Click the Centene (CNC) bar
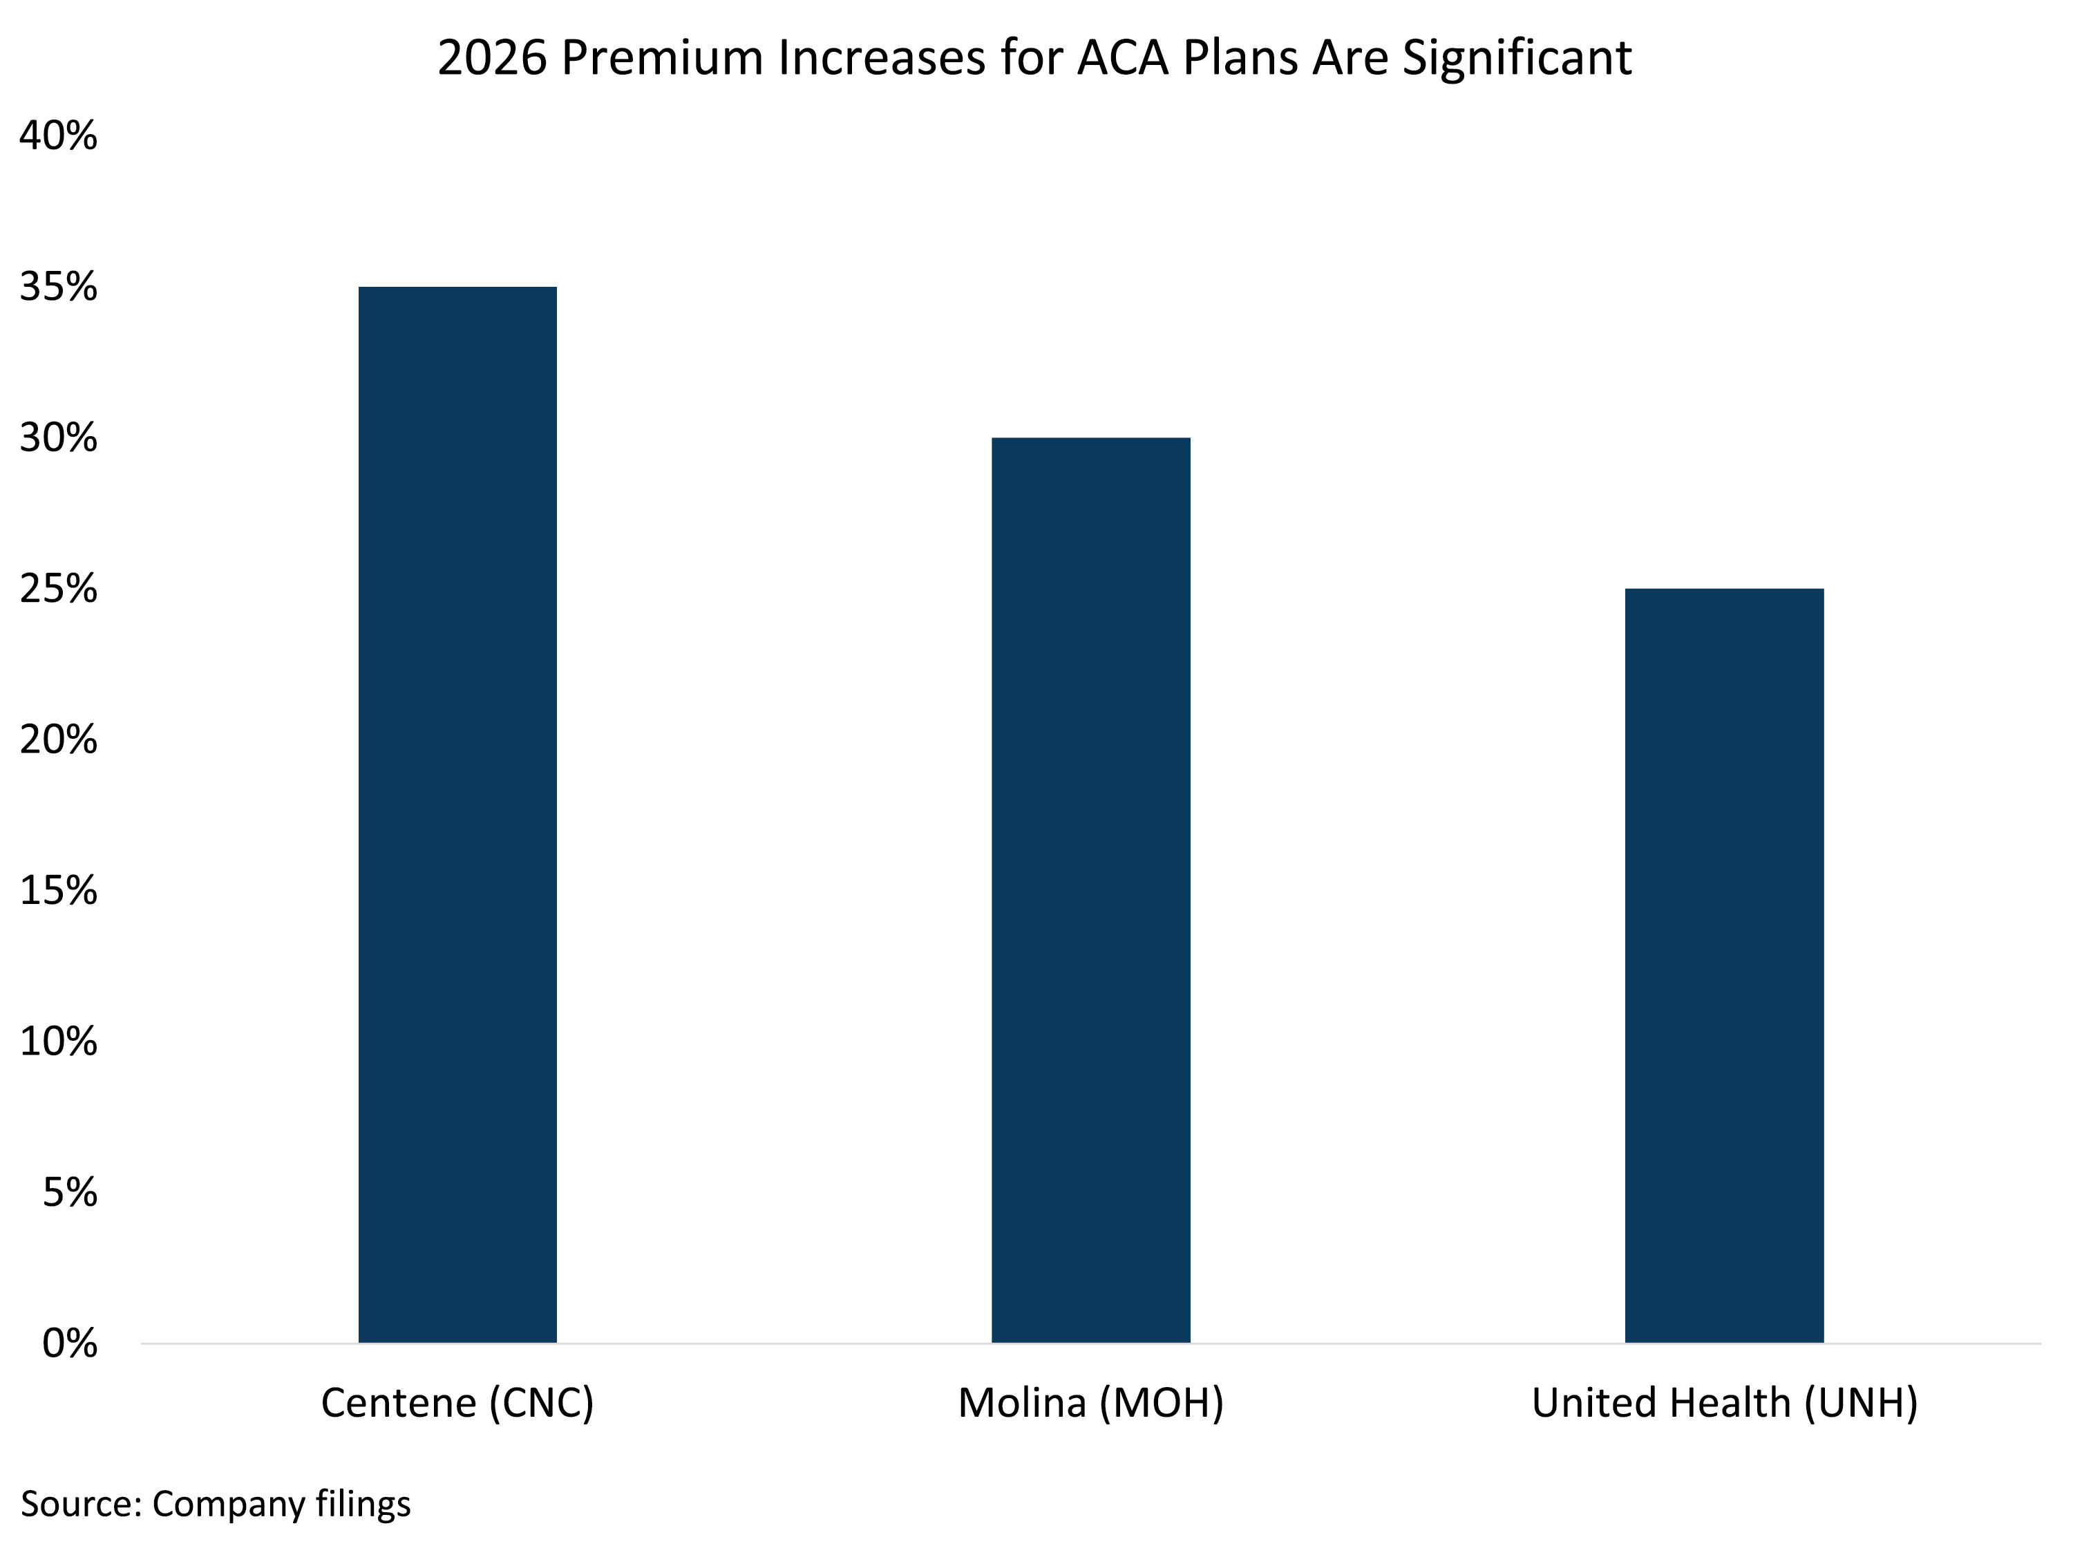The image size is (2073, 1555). pyautogui.click(x=457, y=815)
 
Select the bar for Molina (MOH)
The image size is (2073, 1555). pyautogui.click(x=1091, y=890)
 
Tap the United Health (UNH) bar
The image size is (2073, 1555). pyautogui.click(x=1724, y=965)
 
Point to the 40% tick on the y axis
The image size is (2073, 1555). pyautogui.click(x=58, y=136)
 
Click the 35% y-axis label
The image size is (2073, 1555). pyautogui.click(x=58, y=287)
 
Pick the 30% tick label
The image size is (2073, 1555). pyautogui.click(x=58, y=437)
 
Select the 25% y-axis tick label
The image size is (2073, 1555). pyautogui.click(x=58, y=589)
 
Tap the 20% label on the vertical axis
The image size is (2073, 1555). pyautogui.click(x=58, y=739)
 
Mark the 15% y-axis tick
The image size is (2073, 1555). pyautogui.click(x=58, y=890)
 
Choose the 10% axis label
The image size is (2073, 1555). pyautogui.click(x=58, y=1042)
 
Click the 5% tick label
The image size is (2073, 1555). pyautogui.click(x=69, y=1192)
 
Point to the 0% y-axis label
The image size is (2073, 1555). pyautogui.click(x=69, y=1343)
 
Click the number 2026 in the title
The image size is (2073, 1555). pyautogui.click(x=492, y=58)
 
